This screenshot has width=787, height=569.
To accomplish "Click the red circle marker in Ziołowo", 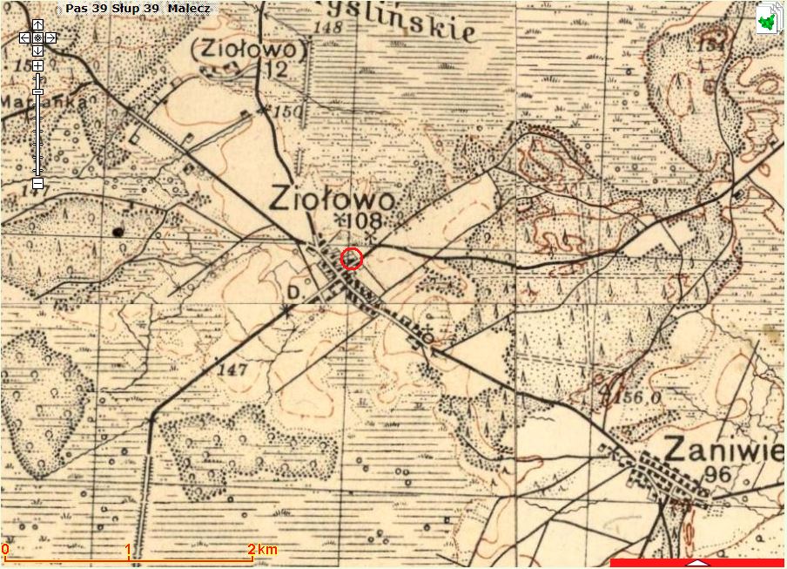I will [351, 259].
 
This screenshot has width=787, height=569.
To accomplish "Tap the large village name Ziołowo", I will [332, 199].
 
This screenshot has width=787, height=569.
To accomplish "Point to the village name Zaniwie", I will [723, 450].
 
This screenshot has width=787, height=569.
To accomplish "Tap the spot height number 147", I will [234, 370].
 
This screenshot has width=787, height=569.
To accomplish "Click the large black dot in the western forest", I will [118, 231].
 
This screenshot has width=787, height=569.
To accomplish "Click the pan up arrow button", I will [37, 24].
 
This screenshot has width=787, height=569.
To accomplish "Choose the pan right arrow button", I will [51, 37].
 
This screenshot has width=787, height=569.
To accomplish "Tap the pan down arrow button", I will [37, 51].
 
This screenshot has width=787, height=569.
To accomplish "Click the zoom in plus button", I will [37, 66].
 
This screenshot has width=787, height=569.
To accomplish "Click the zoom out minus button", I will [37, 183].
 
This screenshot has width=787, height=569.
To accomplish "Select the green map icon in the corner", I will [767, 19].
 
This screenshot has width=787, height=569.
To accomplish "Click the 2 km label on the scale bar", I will [262, 549].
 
